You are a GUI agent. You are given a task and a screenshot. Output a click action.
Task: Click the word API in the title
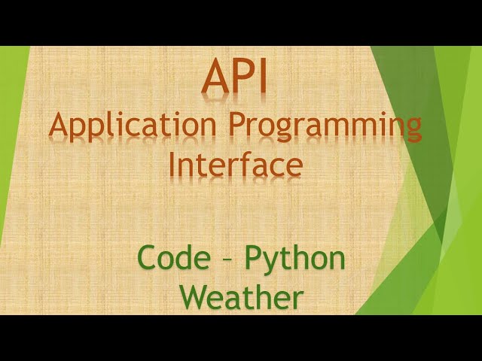click(234, 79)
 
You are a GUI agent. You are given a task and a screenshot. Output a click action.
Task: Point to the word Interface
click(236, 164)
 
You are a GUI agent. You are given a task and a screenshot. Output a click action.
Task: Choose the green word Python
click(295, 259)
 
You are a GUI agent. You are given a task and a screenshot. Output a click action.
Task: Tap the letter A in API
click(213, 79)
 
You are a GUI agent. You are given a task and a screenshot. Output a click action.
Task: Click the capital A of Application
click(59, 125)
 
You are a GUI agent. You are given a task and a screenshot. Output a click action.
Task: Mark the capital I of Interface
click(172, 163)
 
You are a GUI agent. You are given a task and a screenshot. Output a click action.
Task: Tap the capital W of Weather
click(198, 297)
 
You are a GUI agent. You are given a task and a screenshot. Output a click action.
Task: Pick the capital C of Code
click(148, 259)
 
